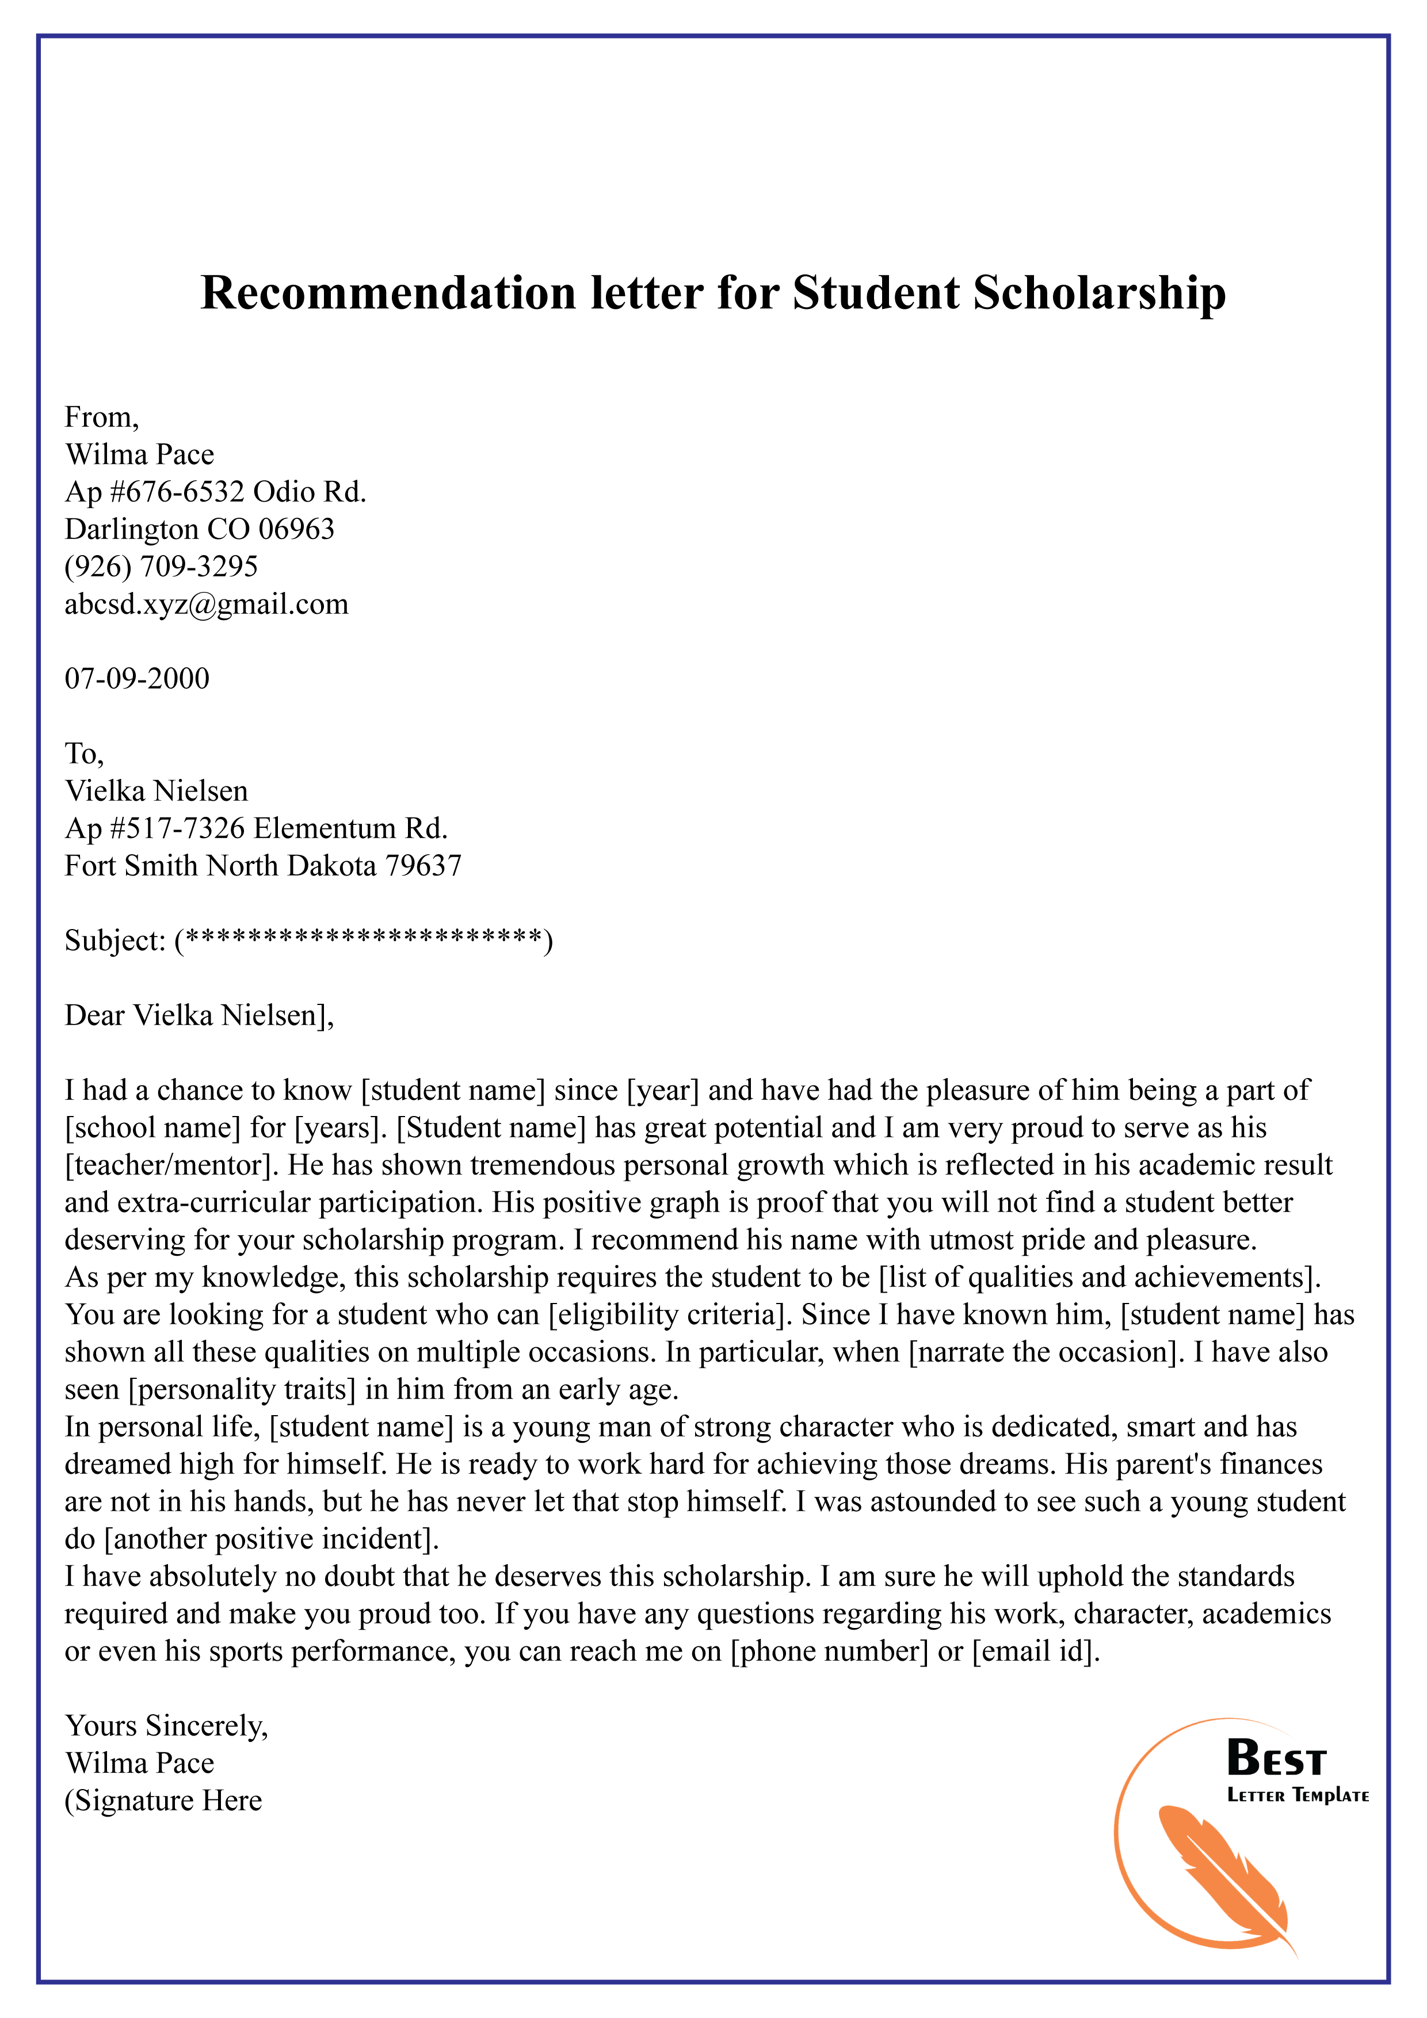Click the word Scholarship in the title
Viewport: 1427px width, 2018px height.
point(1098,293)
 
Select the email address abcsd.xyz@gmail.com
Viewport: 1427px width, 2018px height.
point(207,604)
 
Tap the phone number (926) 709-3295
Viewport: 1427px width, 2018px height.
point(161,566)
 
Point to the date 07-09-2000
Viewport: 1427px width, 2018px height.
point(137,679)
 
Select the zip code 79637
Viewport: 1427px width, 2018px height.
point(424,866)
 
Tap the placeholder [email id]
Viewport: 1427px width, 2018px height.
point(1035,1652)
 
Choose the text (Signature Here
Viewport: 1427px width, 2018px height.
point(163,1801)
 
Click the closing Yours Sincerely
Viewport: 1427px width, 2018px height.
point(166,1726)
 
